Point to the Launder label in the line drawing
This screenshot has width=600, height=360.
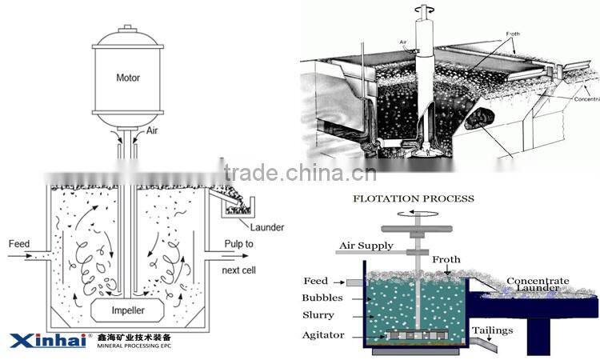click(x=266, y=227)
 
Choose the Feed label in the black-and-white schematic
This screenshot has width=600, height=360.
click(x=18, y=243)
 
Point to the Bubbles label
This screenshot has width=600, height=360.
click(x=323, y=298)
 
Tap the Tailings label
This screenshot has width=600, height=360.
click(x=508, y=330)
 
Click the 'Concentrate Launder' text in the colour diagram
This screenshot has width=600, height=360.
click(x=538, y=285)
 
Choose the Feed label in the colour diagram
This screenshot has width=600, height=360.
click(x=315, y=281)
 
